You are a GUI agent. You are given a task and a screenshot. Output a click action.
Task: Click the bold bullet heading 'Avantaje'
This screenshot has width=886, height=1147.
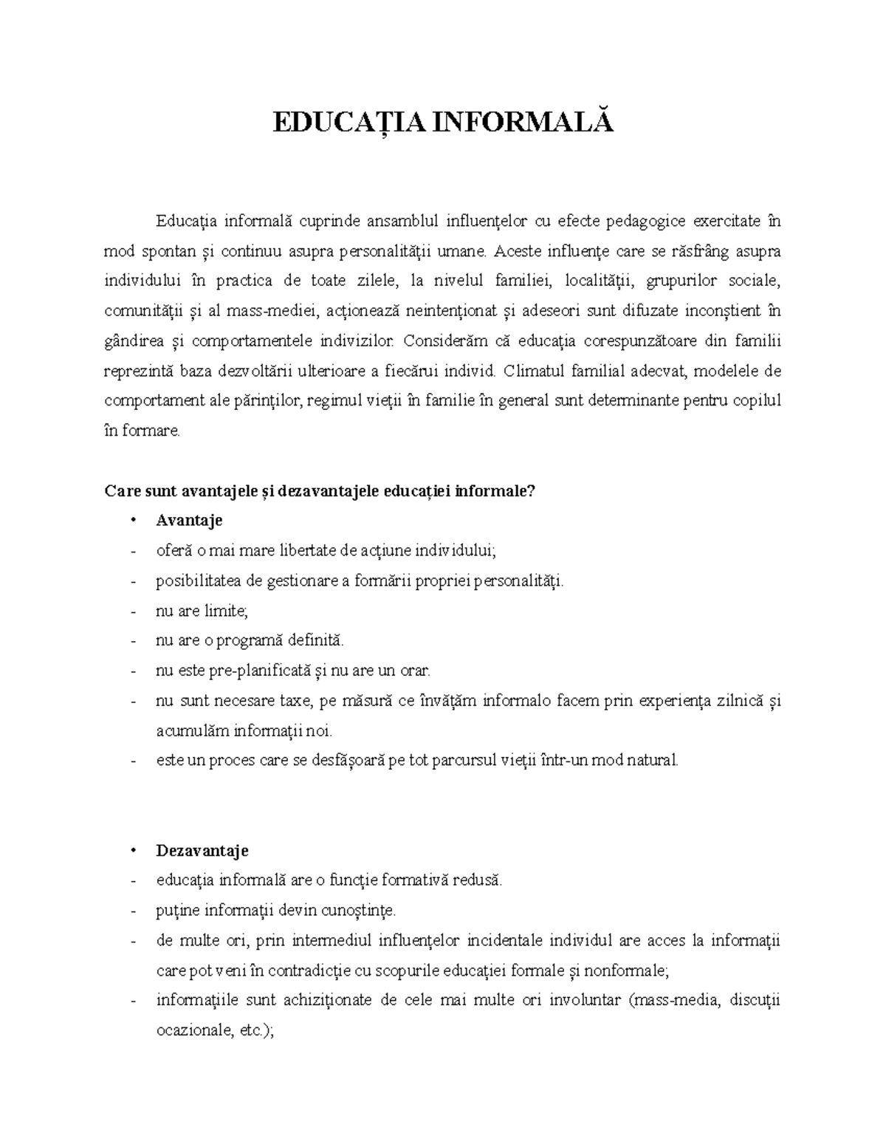[x=189, y=521]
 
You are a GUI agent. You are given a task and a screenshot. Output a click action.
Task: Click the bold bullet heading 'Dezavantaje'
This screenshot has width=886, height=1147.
[x=202, y=851]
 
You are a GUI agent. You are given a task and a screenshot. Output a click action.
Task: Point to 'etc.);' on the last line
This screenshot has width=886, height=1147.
[x=257, y=1031]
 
